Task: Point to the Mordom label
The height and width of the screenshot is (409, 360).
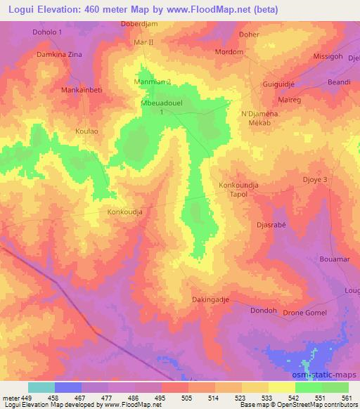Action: pyautogui.click(x=229, y=52)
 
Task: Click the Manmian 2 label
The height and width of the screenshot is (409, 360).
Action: pyautogui.click(x=153, y=82)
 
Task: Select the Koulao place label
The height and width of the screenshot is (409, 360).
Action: pyautogui.click(x=88, y=131)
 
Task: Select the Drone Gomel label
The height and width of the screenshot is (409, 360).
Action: pyautogui.click(x=304, y=312)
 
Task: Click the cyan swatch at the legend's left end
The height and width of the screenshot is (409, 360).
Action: pyautogui.click(x=41, y=387)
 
